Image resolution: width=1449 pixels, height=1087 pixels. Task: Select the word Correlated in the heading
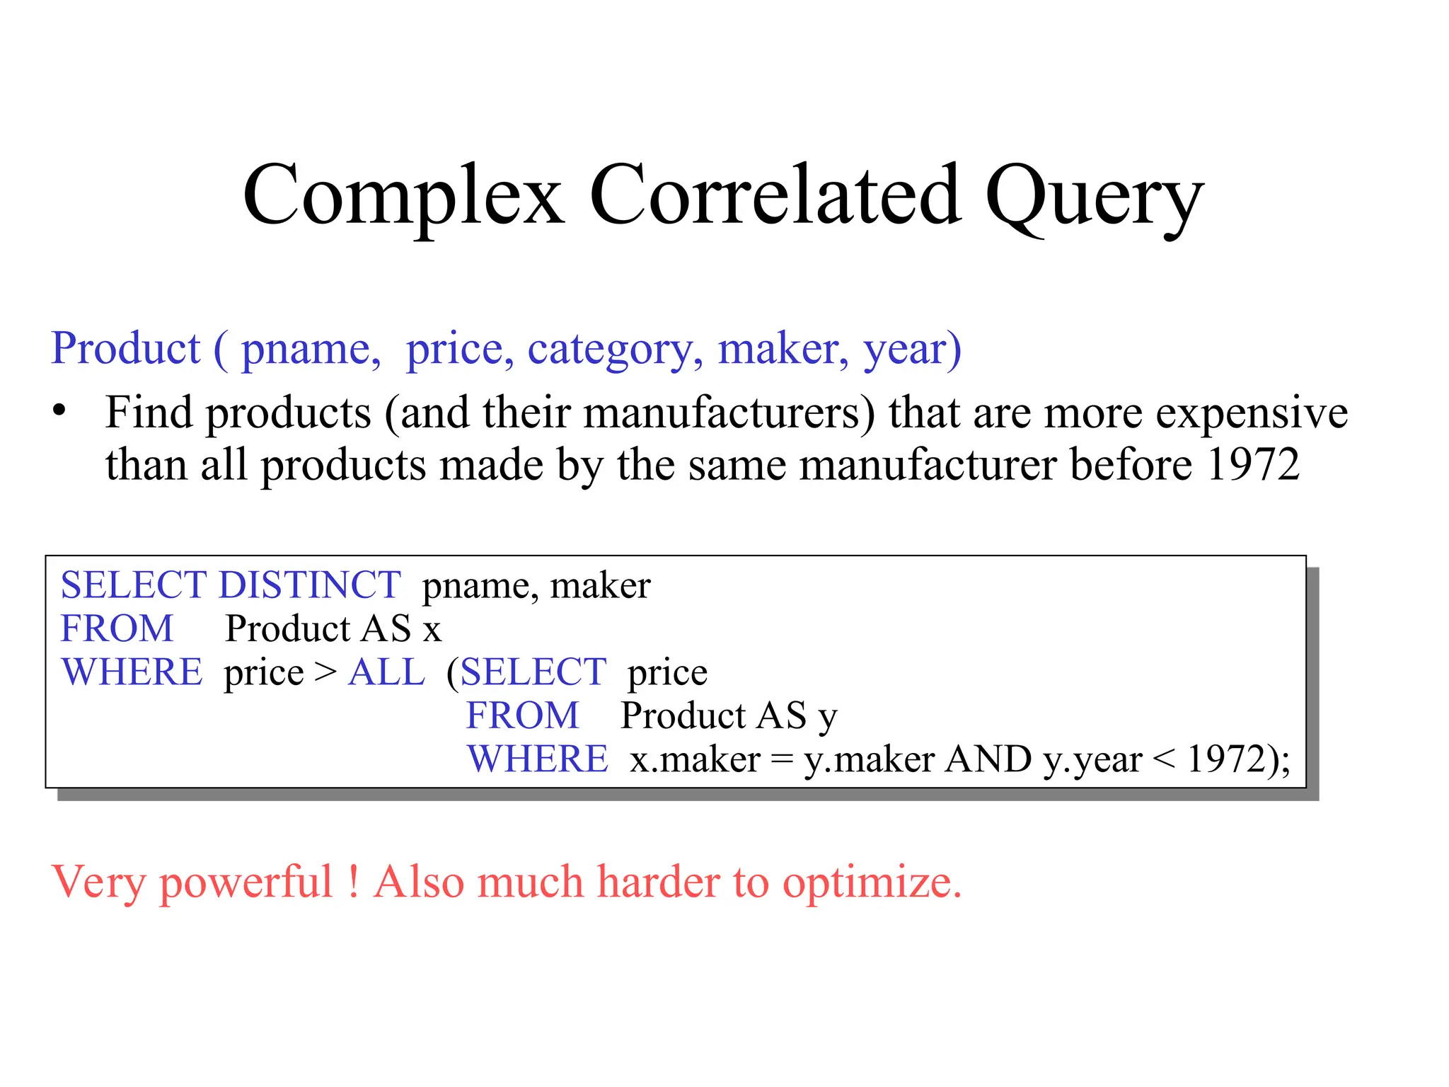(x=774, y=195)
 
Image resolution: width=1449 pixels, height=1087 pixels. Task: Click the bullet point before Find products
(x=59, y=410)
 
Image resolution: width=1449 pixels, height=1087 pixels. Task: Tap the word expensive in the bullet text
(x=1252, y=413)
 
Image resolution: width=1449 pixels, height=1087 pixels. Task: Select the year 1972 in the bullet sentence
(x=1253, y=465)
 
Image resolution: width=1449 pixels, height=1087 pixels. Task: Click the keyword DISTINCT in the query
(x=310, y=585)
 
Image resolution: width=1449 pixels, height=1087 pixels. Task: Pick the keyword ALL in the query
(x=386, y=672)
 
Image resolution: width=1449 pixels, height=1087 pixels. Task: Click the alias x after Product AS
(x=432, y=629)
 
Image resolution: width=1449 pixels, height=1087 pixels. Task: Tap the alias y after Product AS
(x=828, y=717)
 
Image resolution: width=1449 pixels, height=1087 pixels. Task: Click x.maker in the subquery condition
(x=695, y=760)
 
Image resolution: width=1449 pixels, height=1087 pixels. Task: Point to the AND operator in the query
(x=988, y=760)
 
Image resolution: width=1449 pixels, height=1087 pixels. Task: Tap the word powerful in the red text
(x=246, y=883)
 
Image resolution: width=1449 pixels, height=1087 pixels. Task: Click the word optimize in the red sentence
(x=871, y=883)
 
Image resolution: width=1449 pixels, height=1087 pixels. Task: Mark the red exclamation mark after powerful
(x=353, y=882)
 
